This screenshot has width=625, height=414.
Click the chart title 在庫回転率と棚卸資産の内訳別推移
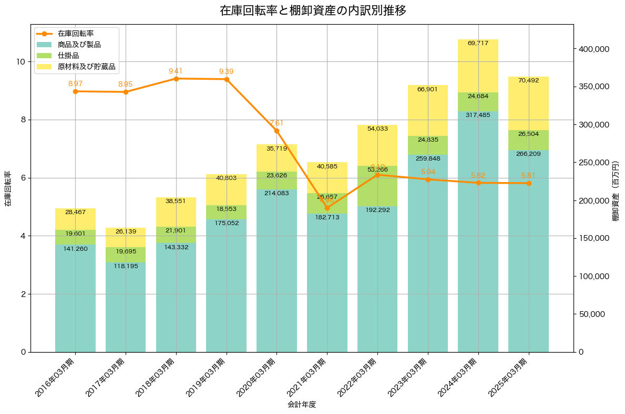(313, 10)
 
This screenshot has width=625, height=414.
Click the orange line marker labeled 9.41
(176, 79)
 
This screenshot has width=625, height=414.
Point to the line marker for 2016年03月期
(75, 91)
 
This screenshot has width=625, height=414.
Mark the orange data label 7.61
(276, 123)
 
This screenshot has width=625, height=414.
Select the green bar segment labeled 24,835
(427, 145)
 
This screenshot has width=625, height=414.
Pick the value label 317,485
(478, 114)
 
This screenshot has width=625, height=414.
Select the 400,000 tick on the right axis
(593, 49)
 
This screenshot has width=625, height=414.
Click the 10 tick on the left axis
(21, 62)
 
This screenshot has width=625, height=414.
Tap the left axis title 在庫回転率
(8, 188)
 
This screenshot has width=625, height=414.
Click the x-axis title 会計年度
(302, 405)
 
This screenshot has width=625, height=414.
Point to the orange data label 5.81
(528, 175)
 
